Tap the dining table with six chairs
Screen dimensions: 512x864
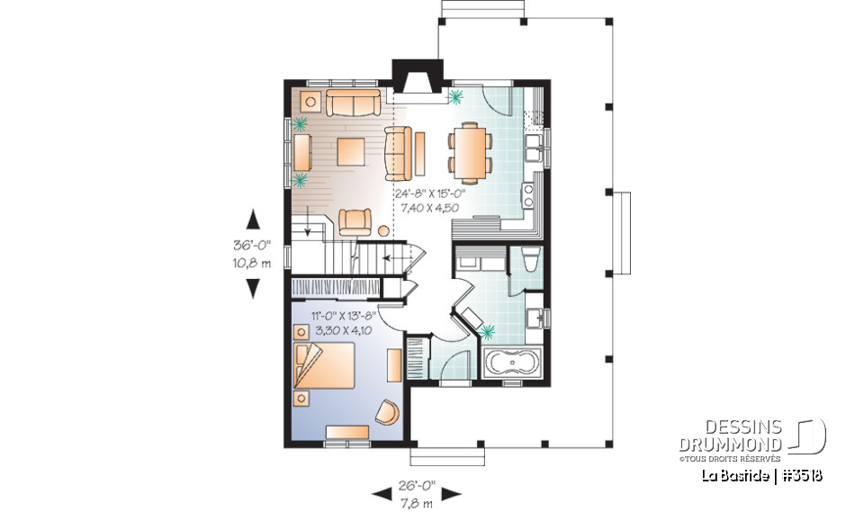[x=470, y=152]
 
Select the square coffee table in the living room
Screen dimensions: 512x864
[x=352, y=151]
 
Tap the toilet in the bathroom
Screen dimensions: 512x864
[x=529, y=262]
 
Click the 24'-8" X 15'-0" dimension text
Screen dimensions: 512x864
[x=429, y=193]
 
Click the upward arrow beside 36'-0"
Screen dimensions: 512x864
[x=253, y=219]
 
